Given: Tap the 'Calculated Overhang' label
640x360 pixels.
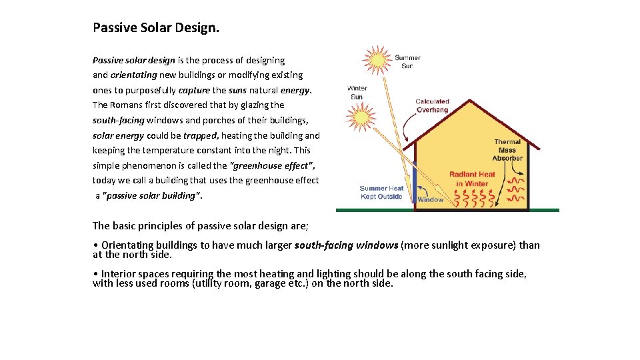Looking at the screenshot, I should tap(433, 105).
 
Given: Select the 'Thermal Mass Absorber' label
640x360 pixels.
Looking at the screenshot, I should tap(507, 150).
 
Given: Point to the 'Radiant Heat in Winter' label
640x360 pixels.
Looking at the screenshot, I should tap(472, 179).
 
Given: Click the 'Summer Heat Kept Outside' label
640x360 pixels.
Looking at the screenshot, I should tap(381, 192).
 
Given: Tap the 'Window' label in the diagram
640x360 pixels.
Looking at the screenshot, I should tap(431, 199).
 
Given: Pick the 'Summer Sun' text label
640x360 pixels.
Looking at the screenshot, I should tap(407, 61).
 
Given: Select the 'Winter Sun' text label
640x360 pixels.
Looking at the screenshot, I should tap(357, 93).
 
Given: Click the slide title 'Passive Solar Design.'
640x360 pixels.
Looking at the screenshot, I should tap(156, 28).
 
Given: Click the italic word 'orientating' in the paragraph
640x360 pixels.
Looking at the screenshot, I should tap(133, 75).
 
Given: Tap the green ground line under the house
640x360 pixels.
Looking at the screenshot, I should tap(447, 210).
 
